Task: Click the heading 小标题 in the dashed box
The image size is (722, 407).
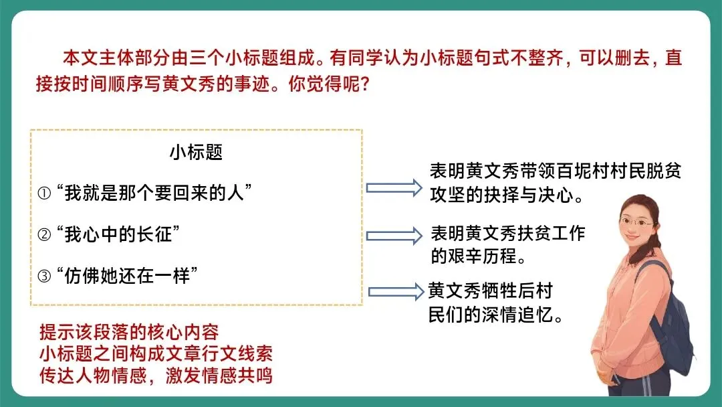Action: click(x=196, y=153)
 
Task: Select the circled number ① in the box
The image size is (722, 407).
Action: click(x=45, y=193)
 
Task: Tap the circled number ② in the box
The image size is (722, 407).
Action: click(x=45, y=234)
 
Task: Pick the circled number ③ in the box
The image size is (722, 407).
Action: click(x=45, y=276)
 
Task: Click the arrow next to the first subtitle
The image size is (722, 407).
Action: click(x=391, y=187)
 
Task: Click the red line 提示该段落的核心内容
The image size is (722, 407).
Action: click(x=129, y=332)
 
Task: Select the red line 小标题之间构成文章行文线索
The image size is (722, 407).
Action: click(x=156, y=353)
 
